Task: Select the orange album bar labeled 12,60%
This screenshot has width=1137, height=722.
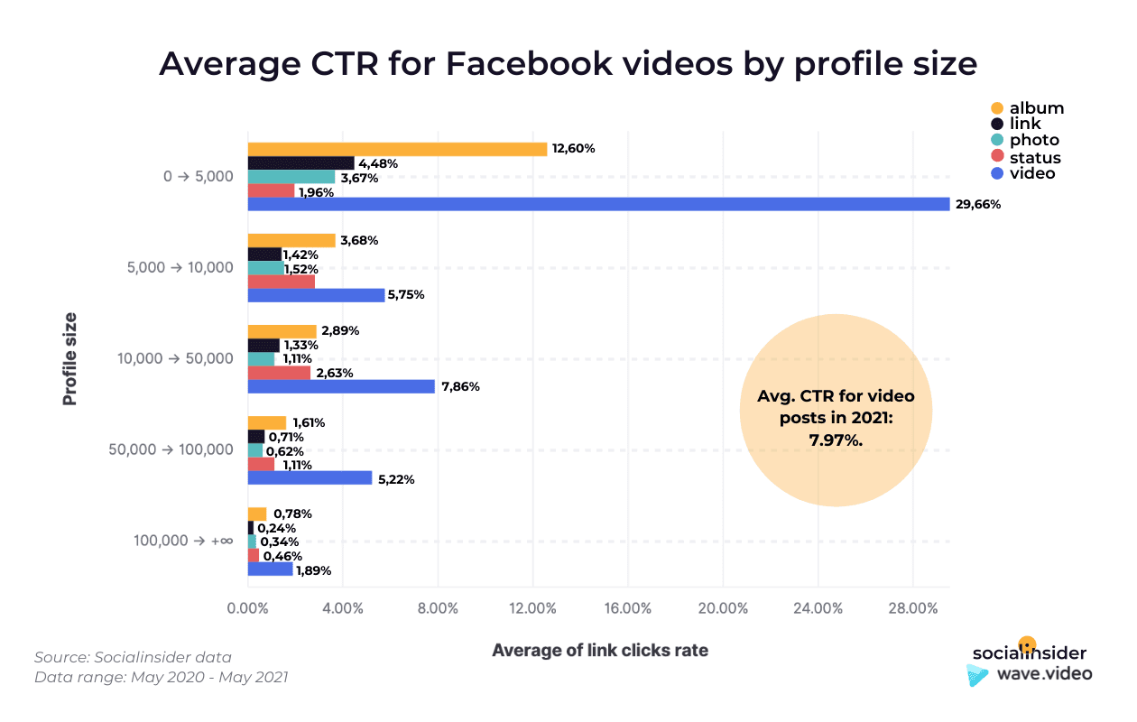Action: (397, 149)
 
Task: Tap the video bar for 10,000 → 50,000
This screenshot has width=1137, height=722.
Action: (341, 386)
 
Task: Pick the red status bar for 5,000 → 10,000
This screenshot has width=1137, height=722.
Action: (281, 282)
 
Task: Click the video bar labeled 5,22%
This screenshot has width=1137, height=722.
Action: (310, 478)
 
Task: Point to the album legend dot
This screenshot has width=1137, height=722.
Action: (997, 108)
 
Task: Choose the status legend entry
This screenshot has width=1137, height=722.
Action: (1035, 157)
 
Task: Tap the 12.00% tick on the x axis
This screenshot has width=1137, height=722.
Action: (532, 608)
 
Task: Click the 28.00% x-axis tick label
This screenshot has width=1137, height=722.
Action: (911, 608)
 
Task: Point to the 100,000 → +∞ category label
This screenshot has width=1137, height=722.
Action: (183, 541)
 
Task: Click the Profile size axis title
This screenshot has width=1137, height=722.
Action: (69, 358)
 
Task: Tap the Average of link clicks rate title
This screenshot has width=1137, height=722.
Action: (599, 650)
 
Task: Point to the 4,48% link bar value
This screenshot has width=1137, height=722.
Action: (378, 163)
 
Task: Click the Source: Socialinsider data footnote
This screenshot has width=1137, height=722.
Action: (133, 657)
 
